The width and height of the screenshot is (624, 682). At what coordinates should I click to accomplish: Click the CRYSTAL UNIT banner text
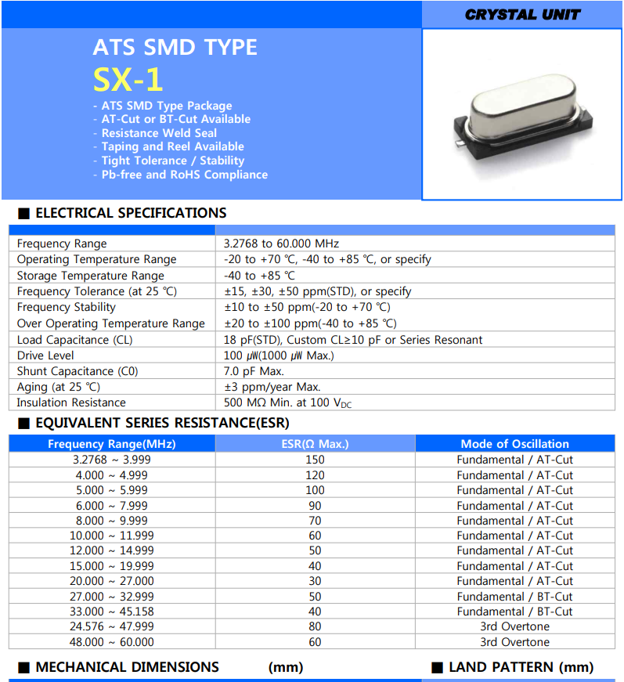point(522,14)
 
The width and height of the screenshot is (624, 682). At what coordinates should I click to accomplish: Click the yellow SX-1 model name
point(128,79)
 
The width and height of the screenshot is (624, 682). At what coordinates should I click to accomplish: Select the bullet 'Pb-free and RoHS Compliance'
point(184,175)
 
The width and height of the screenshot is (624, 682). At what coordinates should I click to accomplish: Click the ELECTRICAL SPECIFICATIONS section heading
point(130,213)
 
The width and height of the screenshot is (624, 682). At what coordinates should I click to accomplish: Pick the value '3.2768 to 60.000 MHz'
point(281,244)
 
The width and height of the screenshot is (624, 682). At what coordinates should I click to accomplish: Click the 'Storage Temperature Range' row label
point(90,276)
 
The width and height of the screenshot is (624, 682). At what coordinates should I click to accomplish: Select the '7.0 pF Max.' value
point(254,371)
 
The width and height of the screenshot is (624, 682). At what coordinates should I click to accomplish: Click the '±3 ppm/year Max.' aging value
point(272,387)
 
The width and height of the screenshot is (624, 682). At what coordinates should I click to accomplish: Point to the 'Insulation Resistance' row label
point(71,402)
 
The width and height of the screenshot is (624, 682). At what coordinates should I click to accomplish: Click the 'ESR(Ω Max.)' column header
point(315,444)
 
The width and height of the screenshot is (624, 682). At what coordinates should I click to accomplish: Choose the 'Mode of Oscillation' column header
point(514,444)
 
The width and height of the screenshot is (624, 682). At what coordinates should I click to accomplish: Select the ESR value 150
point(315,460)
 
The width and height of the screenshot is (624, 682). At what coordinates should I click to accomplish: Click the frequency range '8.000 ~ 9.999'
point(111,521)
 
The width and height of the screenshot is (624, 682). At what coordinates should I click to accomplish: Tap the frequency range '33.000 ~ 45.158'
point(111,612)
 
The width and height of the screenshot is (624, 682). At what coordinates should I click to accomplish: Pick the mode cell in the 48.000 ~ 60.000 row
point(514,642)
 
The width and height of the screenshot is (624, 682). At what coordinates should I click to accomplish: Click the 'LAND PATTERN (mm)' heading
point(521,667)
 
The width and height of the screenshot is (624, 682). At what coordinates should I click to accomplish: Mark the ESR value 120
point(315,475)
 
